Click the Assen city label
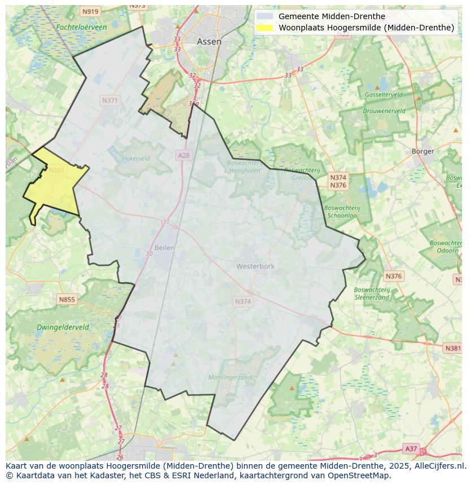pos(209,42)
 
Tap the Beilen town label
pos(165,247)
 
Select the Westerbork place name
pos(255,266)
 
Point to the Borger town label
pos(423,151)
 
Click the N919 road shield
pos(90,11)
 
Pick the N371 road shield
pos(110,100)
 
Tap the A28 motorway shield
pos(184,155)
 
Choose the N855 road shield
pos(67,299)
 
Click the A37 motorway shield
pos(411,448)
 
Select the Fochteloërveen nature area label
pos(82,26)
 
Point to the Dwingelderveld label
pos(63,327)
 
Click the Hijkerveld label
pos(136,158)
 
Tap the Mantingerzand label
pos(230,377)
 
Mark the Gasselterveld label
pos(383,95)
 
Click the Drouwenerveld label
pos(384,111)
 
